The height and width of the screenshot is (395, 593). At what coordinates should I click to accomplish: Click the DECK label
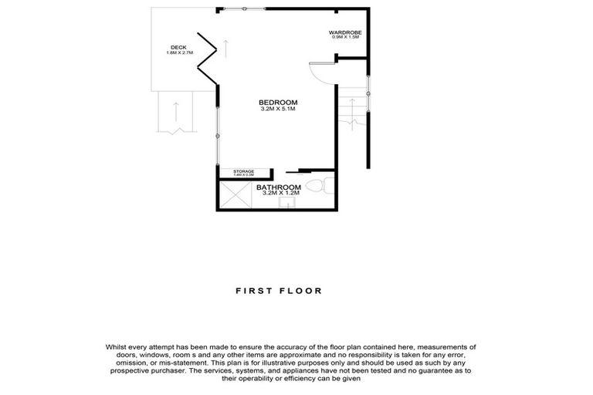coord(178,48)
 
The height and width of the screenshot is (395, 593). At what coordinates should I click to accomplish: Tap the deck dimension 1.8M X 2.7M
coord(178,53)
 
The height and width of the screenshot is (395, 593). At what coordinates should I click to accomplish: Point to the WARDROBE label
coord(347,32)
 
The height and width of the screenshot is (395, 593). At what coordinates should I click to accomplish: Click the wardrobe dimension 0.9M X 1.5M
coord(347,38)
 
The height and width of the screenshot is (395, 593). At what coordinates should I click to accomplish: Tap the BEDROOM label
coord(278,103)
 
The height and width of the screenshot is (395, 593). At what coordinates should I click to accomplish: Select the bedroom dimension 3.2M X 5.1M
coord(278,110)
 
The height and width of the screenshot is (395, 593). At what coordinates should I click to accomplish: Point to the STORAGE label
coord(244,171)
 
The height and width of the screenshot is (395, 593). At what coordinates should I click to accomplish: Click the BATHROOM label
coord(279,187)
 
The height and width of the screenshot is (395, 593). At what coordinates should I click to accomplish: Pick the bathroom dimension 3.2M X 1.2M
coord(279,194)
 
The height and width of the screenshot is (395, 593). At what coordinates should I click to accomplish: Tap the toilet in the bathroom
coord(320,186)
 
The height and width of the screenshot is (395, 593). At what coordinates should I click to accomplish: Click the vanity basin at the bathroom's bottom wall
coord(287,205)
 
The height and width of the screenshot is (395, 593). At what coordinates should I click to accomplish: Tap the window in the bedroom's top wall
coord(246,8)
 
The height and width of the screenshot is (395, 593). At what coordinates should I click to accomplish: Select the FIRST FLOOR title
coord(279,291)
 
